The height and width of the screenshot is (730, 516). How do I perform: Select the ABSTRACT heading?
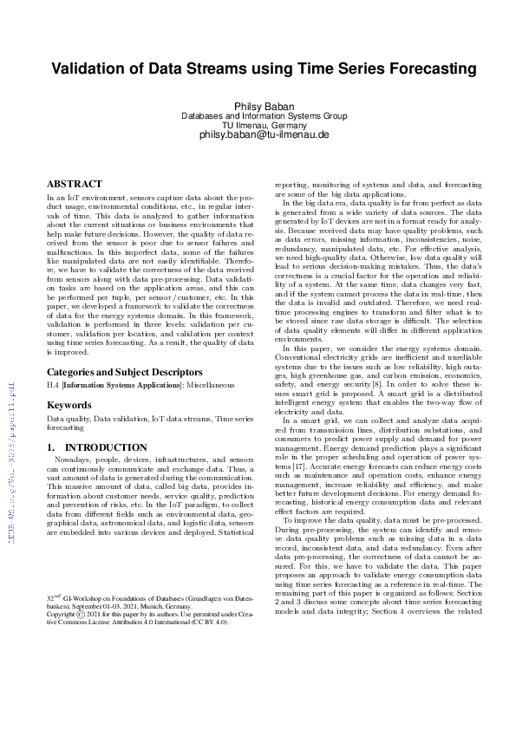(74, 185)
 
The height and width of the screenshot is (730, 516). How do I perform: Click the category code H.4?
(52, 386)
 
